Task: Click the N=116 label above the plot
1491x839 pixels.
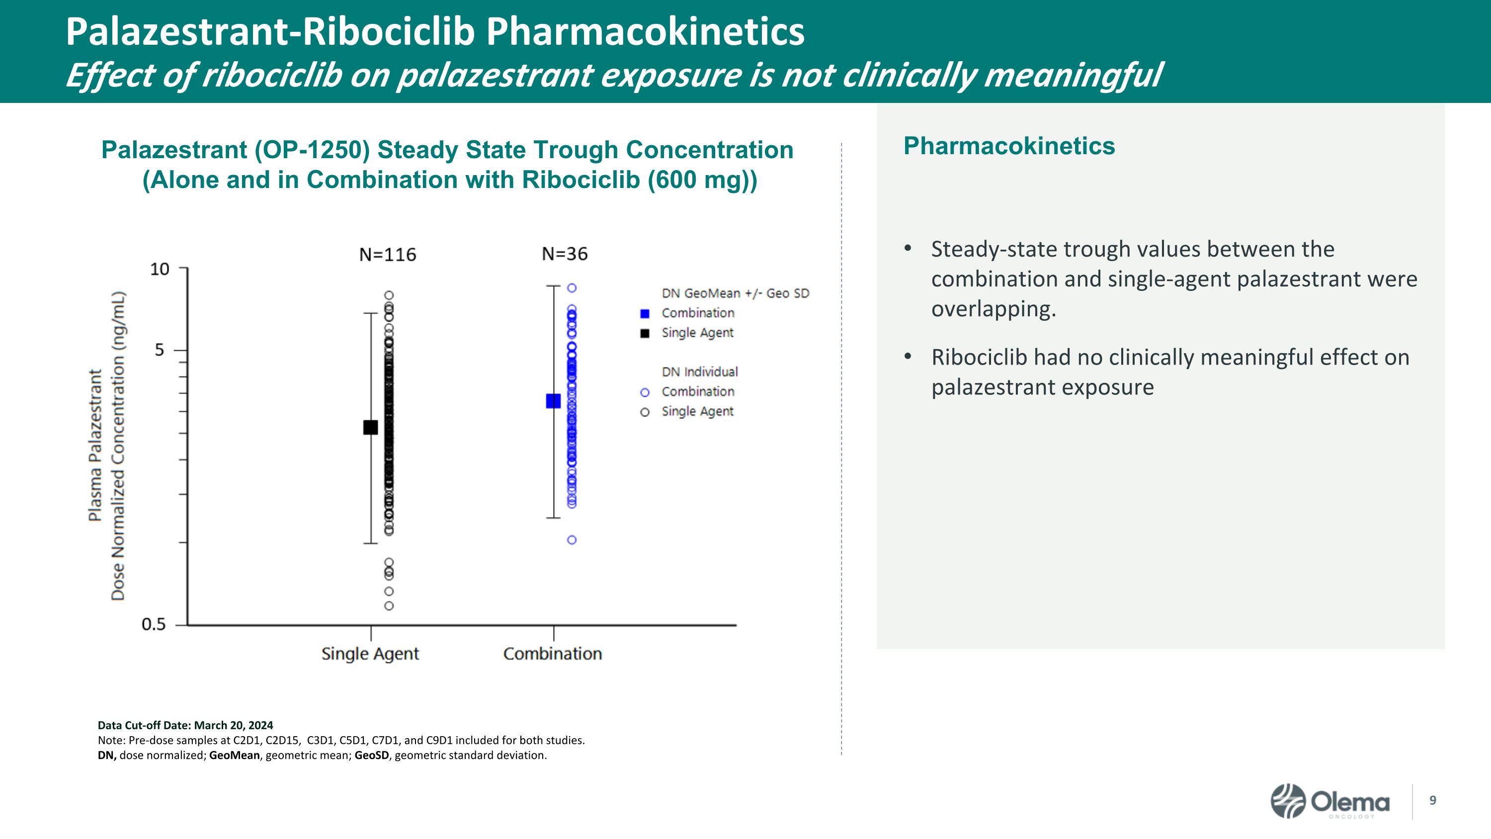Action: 387,255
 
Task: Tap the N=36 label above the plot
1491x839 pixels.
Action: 564,254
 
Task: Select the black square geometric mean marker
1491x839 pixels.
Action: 370,427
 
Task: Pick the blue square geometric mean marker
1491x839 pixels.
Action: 553,401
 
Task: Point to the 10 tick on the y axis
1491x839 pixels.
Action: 160,269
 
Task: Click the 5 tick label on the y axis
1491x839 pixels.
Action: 159,350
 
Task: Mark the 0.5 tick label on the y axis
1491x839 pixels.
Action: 154,625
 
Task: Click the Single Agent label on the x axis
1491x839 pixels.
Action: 370,653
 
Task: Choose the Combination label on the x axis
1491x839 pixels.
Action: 552,653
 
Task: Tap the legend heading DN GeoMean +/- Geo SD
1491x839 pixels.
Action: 735,293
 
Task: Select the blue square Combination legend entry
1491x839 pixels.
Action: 645,314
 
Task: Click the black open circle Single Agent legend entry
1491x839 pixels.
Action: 645,412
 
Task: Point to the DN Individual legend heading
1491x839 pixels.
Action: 700,372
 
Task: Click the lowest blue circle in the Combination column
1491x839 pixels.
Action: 571,540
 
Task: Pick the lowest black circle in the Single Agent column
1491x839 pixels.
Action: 389,606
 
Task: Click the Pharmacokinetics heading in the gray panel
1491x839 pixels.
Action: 1009,146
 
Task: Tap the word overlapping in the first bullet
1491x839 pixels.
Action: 993,309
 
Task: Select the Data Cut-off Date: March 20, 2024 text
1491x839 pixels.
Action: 185,726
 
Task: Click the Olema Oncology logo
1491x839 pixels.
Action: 1329,802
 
